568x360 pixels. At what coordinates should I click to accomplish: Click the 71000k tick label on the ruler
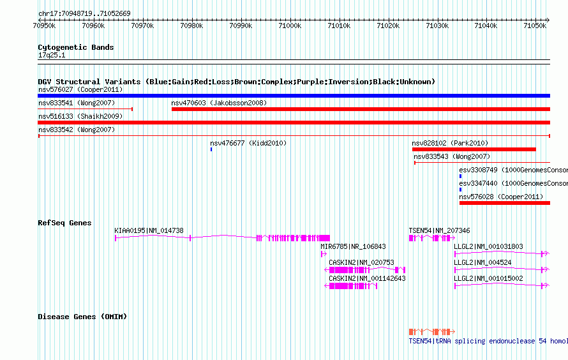[x=290, y=26]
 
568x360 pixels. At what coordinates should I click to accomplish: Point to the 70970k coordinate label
[x=142, y=26]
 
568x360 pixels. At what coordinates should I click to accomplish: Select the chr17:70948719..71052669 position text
[x=84, y=14]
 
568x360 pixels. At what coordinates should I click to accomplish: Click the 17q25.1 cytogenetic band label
[x=52, y=55]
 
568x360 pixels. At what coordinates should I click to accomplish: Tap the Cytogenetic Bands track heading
[x=76, y=47]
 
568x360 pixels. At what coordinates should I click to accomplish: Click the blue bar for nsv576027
[x=294, y=96]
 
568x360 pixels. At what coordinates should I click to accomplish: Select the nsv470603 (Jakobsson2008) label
[x=219, y=103]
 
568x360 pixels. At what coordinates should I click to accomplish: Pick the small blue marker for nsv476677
[x=211, y=149]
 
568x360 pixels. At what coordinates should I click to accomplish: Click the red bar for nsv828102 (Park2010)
[x=474, y=149]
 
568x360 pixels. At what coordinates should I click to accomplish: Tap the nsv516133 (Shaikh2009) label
[x=80, y=116]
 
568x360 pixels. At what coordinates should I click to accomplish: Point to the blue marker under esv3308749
[x=460, y=176]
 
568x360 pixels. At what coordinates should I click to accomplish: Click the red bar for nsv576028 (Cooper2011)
[x=505, y=203]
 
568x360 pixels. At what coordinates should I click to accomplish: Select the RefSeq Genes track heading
[x=64, y=223]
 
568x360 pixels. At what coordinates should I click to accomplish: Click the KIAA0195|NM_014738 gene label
[x=149, y=230]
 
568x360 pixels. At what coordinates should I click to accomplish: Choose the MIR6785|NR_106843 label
[x=353, y=246]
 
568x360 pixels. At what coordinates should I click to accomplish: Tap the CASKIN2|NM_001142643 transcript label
[x=368, y=278]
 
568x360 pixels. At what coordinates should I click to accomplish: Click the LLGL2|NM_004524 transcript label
[x=482, y=262]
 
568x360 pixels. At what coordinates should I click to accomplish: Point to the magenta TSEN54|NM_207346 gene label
[x=440, y=230]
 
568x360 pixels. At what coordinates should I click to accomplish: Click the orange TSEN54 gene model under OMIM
[x=432, y=332]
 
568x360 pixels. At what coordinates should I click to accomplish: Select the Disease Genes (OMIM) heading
[x=82, y=317]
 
